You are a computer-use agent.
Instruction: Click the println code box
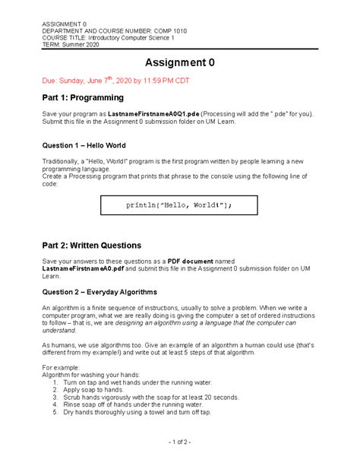pyautogui.click(x=179, y=205)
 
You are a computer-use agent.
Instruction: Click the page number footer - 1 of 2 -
pyautogui.click(x=179, y=442)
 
